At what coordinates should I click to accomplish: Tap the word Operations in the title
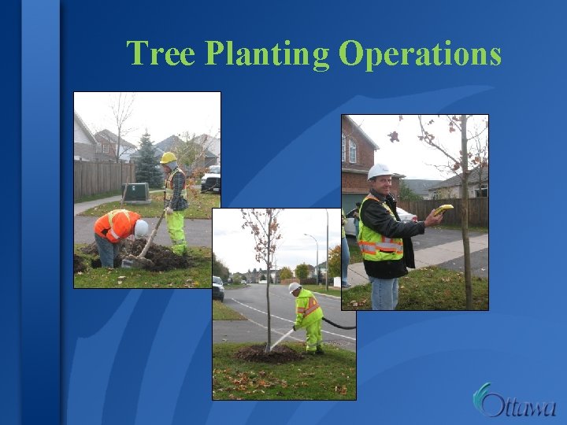pos(420,54)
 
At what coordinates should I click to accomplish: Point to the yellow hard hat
pos(168,157)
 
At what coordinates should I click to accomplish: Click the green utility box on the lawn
pos(135,193)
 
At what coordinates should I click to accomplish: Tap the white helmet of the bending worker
pos(142,228)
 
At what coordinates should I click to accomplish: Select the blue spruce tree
pos(147,161)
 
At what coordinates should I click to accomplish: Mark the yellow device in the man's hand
pos(445,209)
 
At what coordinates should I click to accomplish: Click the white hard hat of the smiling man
pos(379,171)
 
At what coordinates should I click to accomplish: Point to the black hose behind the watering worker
pos(339,323)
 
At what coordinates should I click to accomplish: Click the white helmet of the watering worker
pos(294,287)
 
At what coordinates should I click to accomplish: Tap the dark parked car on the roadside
pos(218,286)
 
